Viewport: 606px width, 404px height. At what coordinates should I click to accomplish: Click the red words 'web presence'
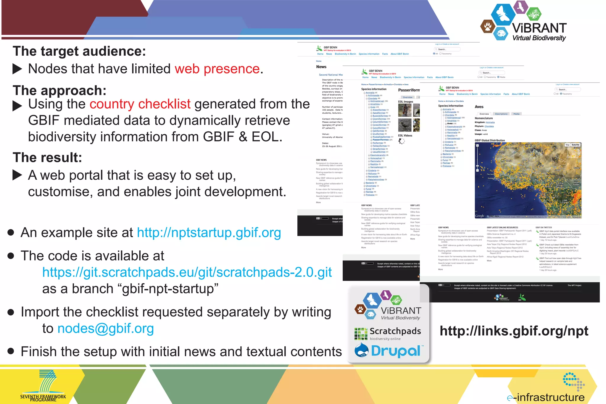coord(217,69)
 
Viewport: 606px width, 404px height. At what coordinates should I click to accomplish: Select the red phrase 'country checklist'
coord(140,104)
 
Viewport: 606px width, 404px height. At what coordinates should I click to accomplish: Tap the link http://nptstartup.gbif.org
coord(209,233)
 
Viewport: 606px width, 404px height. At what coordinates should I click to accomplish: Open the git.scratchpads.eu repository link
coord(187,272)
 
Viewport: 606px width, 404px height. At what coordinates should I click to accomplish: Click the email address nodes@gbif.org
coord(106,329)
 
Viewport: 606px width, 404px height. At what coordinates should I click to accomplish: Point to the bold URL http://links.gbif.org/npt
coord(514,331)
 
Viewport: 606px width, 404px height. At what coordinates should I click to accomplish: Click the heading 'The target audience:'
coord(79,51)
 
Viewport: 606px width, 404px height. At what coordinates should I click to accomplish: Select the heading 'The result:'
coord(47,157)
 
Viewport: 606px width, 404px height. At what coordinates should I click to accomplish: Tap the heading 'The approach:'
coord(59,91)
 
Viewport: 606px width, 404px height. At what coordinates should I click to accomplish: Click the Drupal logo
coord(389,351)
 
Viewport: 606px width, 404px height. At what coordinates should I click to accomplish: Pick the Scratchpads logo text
coord(395,331)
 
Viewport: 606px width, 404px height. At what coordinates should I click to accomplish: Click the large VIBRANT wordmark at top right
coord(539,28)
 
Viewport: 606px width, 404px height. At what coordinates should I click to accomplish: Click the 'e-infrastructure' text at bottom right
coord(546,397)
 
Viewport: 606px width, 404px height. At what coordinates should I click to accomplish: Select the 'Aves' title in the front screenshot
coord(479,107)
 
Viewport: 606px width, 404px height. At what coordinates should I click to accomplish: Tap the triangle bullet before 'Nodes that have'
coord(17,69)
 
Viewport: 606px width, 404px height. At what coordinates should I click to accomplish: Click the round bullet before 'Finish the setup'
coord(11,351)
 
